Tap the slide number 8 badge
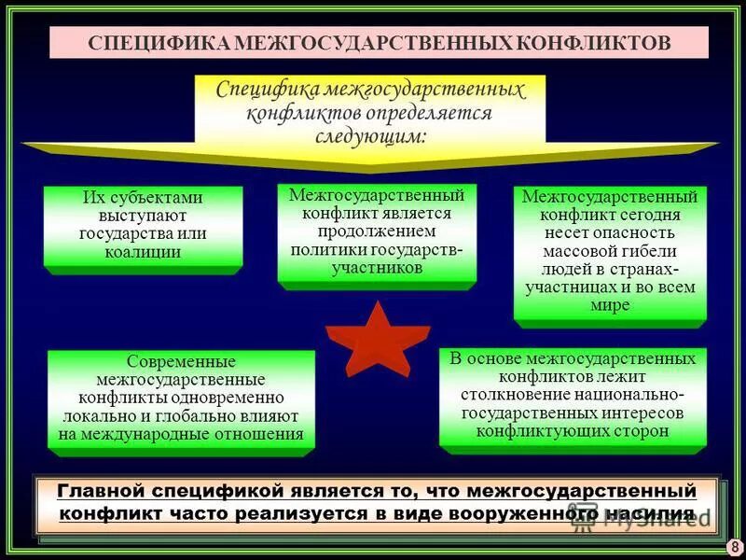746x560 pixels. coord(733,547)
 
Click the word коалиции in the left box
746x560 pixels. coord(144,251)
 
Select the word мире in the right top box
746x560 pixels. coord(610,305)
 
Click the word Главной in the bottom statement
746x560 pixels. coord(101,490)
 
